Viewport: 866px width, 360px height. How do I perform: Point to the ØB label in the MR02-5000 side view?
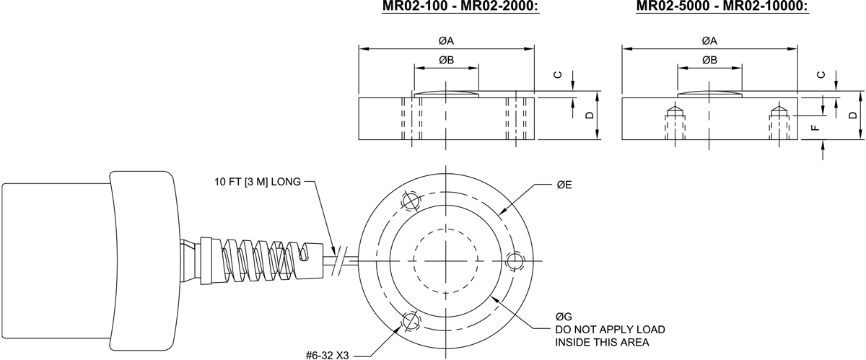(709, 60)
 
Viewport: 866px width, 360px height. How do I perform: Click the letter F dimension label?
(815, 128)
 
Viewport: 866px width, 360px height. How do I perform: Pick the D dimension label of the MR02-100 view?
(589, 115)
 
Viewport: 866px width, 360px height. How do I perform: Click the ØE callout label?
(564, 185)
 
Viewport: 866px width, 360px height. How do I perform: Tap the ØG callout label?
(564, 317)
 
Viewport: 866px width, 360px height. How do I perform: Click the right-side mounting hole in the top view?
(515, 260)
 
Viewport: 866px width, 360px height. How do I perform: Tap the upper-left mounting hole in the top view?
(411, 201)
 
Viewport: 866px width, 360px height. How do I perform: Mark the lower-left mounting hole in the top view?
(411, 320)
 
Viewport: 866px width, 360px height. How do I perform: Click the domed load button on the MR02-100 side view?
(446, 94)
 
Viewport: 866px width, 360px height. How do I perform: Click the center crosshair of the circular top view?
(446, 260)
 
